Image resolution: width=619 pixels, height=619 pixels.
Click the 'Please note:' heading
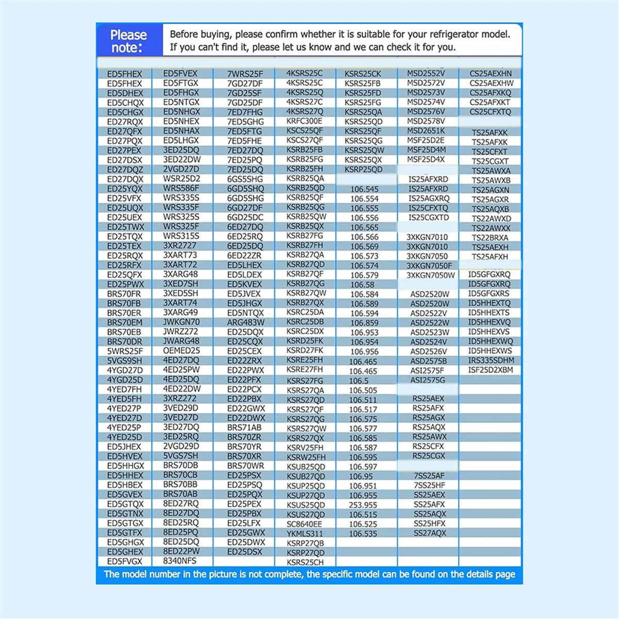tap(128, 41)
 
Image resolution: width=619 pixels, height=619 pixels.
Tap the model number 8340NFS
tap(180, 561)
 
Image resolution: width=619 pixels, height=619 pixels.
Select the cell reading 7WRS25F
tap(245, 74)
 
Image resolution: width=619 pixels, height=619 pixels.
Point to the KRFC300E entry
tap(304, 121)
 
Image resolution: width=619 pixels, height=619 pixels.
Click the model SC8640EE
tap(304, 524)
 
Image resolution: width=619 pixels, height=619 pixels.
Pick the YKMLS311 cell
tap(305, 533)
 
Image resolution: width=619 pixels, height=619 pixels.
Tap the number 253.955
tap(363, 505)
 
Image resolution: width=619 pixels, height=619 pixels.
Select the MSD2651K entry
tap(426, 131)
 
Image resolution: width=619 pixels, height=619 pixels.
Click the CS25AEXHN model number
tap(491, 74)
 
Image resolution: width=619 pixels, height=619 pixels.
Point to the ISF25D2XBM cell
tap(491, 370)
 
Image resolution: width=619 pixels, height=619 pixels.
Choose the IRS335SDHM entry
tap(491, 361)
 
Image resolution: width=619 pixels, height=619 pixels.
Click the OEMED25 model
tap(181, 351)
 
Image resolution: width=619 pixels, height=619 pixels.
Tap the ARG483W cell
tap(246, 322)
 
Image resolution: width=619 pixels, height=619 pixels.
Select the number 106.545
tap(364, 189)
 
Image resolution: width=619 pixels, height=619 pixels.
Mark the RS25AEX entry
tap(428, 399)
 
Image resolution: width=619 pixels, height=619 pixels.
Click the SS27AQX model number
tap(430, 533)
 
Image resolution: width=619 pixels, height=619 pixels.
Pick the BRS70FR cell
tap(124, 294)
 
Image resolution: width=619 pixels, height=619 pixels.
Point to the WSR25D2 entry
tap(181, 179)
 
